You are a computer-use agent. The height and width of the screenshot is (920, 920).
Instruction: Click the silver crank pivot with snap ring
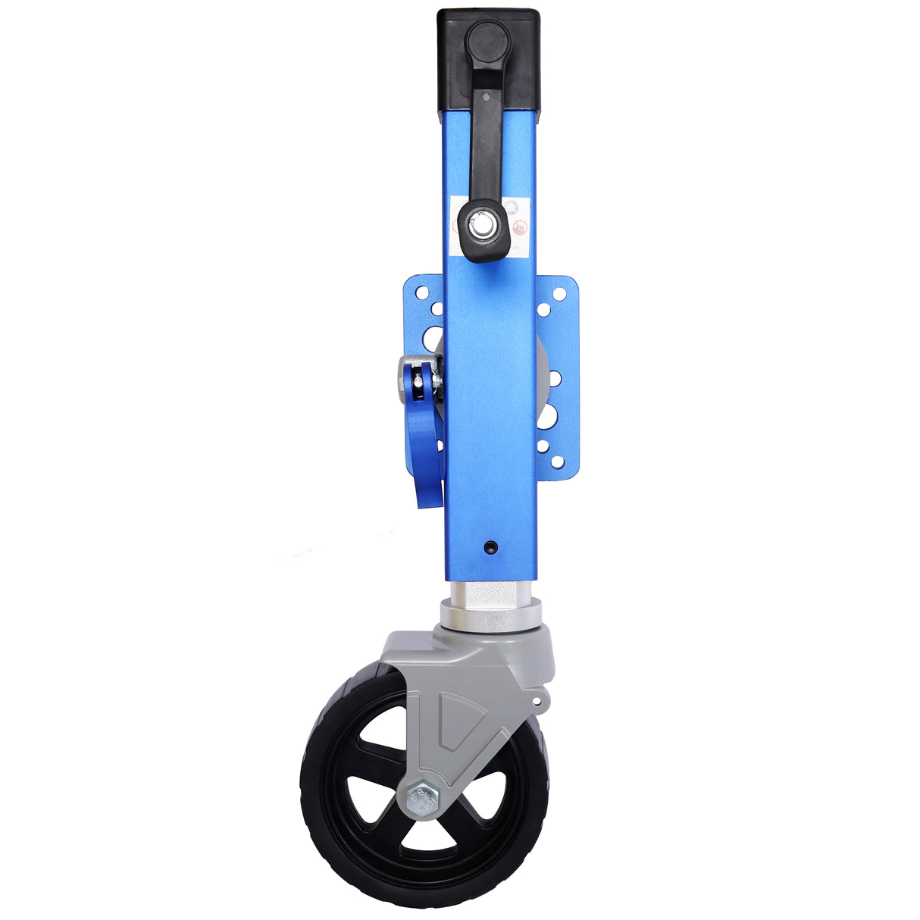tap(480, 224)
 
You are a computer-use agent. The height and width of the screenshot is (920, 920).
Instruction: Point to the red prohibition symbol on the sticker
tap(519, 228)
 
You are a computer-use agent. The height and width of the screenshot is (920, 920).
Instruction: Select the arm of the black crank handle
tap(485, 136)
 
